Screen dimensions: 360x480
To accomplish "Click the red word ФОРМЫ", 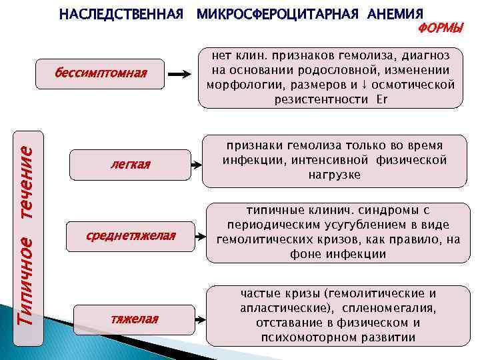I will coord(440,29).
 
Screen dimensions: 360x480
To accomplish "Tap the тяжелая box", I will coord(134,319).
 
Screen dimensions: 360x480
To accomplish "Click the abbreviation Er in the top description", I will coord(381,99).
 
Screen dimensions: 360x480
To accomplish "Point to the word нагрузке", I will coord(333,175).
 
